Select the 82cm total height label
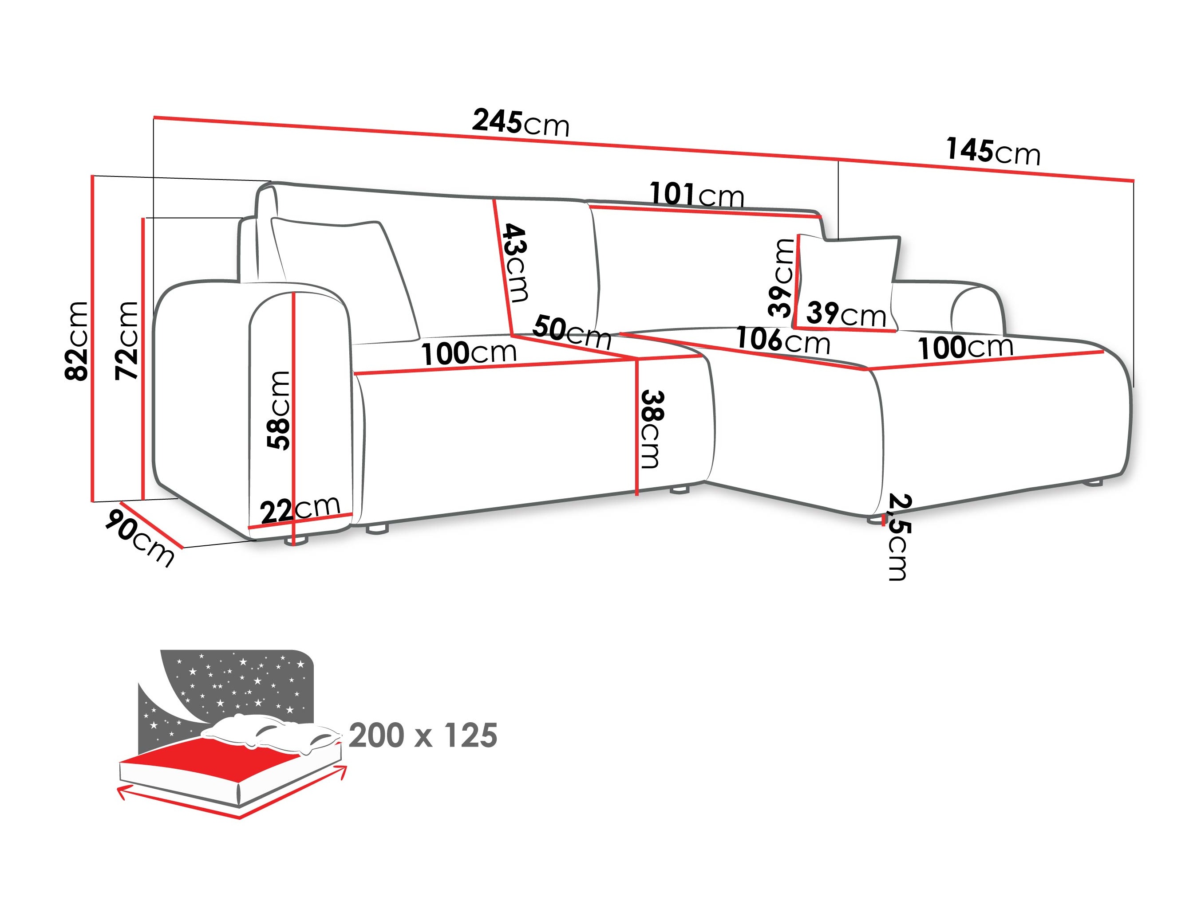pos(76,340)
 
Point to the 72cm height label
pos(127,340)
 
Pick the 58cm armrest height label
pos(279,410)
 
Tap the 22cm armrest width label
pos(300,509)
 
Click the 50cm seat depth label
pos(572,333)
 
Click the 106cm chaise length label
pos(782,340)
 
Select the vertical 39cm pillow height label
pos(781,277)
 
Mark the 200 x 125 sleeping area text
pos(423,736)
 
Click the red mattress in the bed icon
pos(217,757)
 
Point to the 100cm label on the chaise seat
pos(965,348)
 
